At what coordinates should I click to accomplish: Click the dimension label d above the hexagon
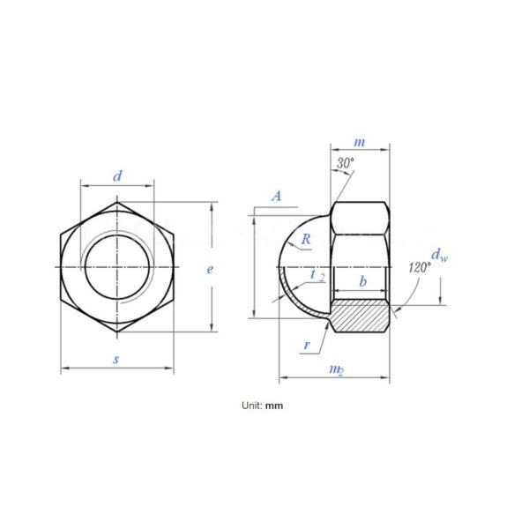[x=117, y=176]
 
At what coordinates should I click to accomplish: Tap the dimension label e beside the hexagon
[x=210, y=269]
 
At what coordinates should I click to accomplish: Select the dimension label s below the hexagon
[x=115, y=359]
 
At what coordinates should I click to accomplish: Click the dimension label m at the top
[x=359, y=142]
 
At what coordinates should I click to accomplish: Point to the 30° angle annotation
[x=345, y=163]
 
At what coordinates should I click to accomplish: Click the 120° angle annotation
[x=420, y=266]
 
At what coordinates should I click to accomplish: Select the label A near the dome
[x=277, y=196]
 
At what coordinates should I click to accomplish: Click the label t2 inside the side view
[x=317, y=277]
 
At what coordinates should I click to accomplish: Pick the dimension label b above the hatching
[x=362, y=281]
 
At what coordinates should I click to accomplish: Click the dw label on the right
[x=441, y=257]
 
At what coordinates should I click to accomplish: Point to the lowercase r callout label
[x=306, y=345]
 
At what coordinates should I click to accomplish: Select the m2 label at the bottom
[x=335, y=368]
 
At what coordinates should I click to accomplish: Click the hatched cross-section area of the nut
[x=360, y=316]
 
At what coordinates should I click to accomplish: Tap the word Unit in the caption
[x=250, y=406]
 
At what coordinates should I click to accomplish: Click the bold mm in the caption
[x=275, y=406]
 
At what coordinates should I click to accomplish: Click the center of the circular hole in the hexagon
[x=117, y=267]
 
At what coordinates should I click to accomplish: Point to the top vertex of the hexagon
[x=117, y=202]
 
